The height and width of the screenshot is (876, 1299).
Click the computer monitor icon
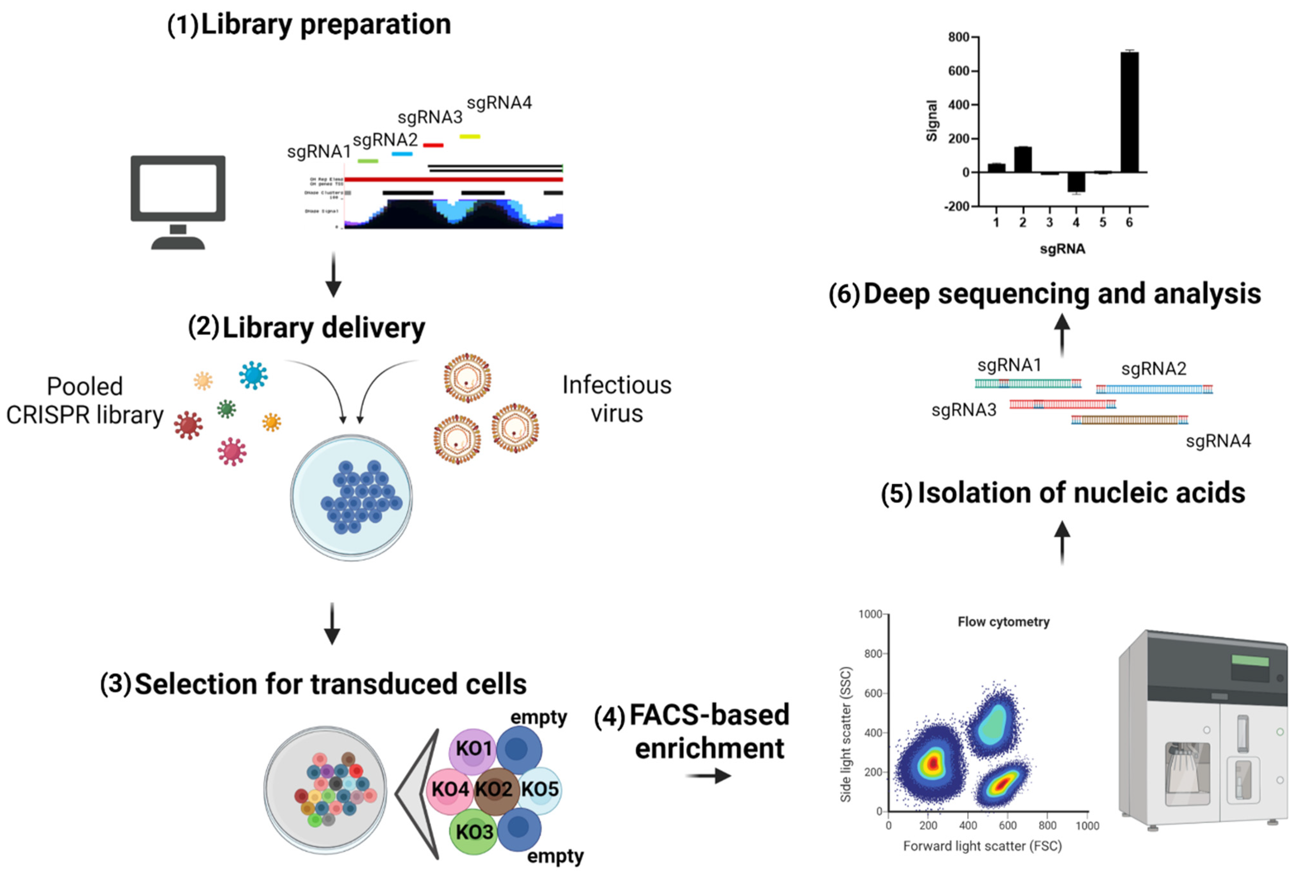click(x=178, y=201)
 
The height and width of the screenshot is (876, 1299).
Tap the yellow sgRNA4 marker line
click(x=469, y=136)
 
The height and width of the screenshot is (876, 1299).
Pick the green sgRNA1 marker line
click(x=368, y=161)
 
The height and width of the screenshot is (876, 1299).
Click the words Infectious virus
click(x=616, y=399)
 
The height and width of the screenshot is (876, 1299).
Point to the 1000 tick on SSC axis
click(x=870, y=614)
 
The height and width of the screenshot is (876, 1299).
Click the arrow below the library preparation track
click(x=333, y=275)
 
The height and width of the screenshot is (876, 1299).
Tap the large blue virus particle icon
click(x=253, y=375)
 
